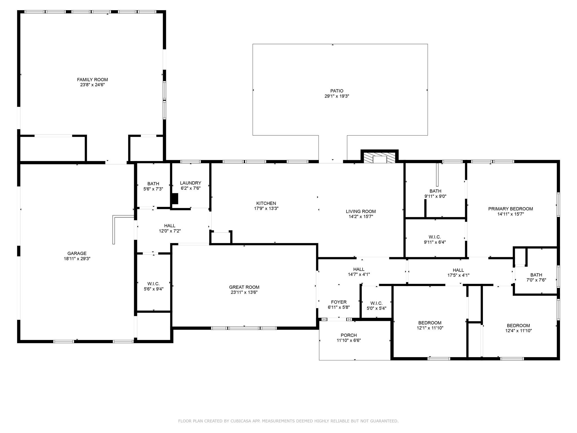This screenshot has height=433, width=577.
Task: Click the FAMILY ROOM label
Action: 92,80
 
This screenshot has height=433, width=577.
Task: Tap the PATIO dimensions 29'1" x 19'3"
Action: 337,96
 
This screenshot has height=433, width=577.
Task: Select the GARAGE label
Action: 77,253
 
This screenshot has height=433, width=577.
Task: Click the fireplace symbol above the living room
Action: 380,159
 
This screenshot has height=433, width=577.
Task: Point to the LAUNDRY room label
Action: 190,183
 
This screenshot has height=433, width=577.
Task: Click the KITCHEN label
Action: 266,203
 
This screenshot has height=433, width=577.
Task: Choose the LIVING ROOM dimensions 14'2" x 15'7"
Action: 361,216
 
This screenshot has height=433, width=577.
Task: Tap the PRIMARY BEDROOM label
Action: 510,209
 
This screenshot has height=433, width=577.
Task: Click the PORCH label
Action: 349,335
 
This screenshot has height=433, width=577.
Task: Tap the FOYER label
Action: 339,302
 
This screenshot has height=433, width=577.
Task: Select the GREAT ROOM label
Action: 244,287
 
